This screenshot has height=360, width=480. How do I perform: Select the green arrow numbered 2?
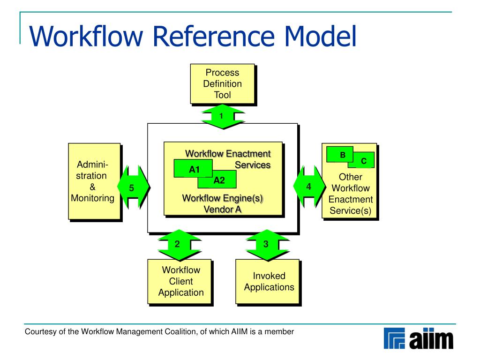click(177, 244)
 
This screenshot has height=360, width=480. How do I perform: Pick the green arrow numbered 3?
click(266, 244)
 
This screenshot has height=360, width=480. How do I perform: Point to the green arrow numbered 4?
click(308, 187)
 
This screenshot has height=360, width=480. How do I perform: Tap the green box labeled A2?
click(218, 180)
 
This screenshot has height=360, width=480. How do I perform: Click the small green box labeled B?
click(342, 154)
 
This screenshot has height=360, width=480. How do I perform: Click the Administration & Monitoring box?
click(94, 181)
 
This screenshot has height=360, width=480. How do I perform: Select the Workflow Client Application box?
click(180, 281)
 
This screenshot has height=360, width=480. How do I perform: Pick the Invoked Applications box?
click(269, 282)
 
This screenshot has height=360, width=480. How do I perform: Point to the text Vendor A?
click(223, 209)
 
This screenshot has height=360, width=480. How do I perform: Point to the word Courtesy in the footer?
click(40, 332)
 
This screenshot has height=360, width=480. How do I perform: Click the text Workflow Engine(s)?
click(223, 198)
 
